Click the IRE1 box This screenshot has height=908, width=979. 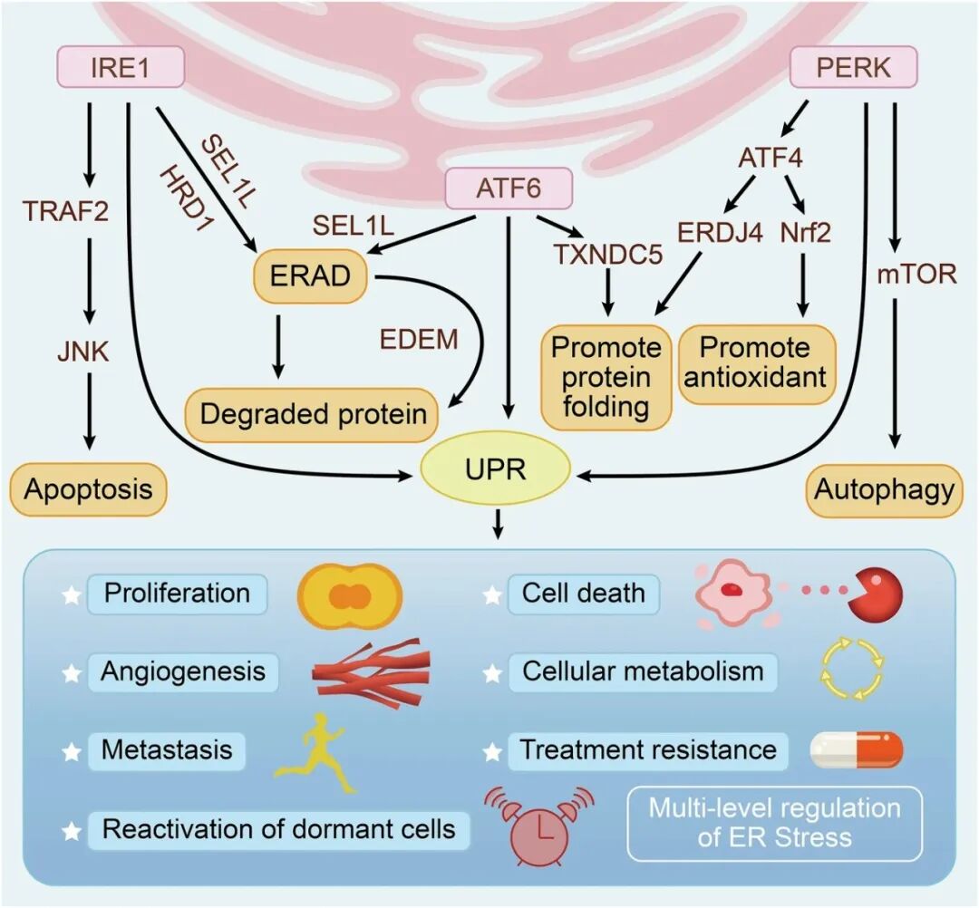pyautogui.click(x=121, y=69)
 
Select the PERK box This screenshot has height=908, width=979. pyautogui.click(x=854, y=69)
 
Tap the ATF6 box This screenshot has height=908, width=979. pyautogui.click(x=509, y=189)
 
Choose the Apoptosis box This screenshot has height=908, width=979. pyautogui.click(x=88, y=490)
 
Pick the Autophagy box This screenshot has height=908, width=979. pyautogui.click(x=884, y=490)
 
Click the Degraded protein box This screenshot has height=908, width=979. pyautogui.click(x=313, y=414)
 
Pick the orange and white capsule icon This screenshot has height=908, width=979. pyautogui.click(x=856, y=750)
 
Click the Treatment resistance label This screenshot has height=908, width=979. pyautogui.click(x=648, y=750)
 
